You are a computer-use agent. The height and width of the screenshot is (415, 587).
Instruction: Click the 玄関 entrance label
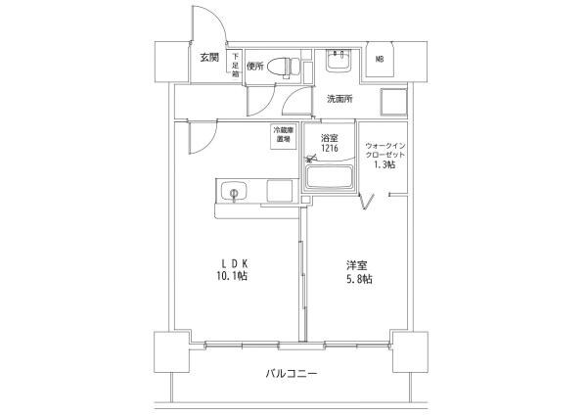[x=209, y=58]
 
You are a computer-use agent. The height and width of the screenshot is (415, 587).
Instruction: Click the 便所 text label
[x=255, y=68]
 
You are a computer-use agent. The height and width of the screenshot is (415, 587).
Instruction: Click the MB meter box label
[x=380, y=58]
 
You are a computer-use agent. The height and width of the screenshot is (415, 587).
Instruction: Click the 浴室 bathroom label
[x=327, y=138]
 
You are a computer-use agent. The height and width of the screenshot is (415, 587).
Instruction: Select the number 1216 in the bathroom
[x=327, y=149]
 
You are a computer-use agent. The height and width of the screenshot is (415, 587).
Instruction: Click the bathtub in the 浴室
[x=331, y=178]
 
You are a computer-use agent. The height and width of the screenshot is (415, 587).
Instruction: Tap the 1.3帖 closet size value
[x=384, y=165]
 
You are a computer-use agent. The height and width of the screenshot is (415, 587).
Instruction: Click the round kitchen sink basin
[x=236, y=192]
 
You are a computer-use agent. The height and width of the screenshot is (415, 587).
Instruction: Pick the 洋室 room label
[x=356, y=265]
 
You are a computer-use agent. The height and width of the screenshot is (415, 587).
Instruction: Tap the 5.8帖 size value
[x=357, y=280]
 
